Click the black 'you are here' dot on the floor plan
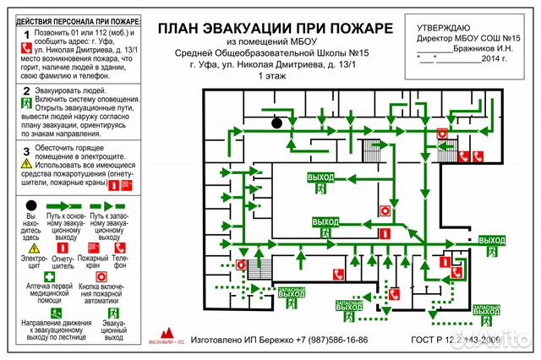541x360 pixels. click(x=276, y=123)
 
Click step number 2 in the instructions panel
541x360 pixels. click(x=27, y=90)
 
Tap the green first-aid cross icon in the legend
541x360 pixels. click(x=50, y=276)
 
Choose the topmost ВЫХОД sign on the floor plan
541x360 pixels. click(x=321, y=177)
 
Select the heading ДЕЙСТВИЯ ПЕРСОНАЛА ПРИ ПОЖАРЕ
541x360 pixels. click(x=74, y=19)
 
